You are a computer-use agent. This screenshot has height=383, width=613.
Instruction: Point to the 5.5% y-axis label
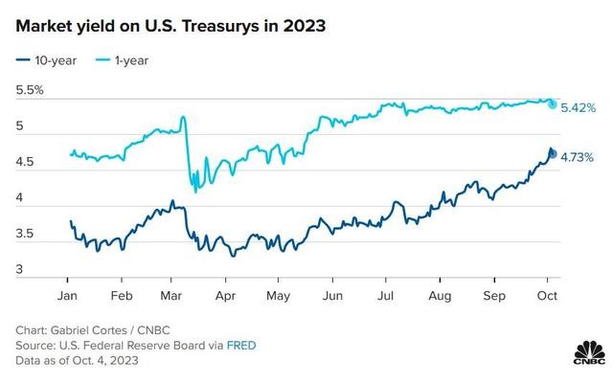tap(30, 91)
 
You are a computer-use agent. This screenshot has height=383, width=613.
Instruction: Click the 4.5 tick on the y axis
tap(26, 163)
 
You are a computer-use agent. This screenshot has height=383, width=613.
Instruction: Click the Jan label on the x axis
tap(69, 296)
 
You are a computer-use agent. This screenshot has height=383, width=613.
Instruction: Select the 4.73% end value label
tap(578, 155)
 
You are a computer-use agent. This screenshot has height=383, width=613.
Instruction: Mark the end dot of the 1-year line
tap(552, 102)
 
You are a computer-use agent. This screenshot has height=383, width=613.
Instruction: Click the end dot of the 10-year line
tap(552, 153)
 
